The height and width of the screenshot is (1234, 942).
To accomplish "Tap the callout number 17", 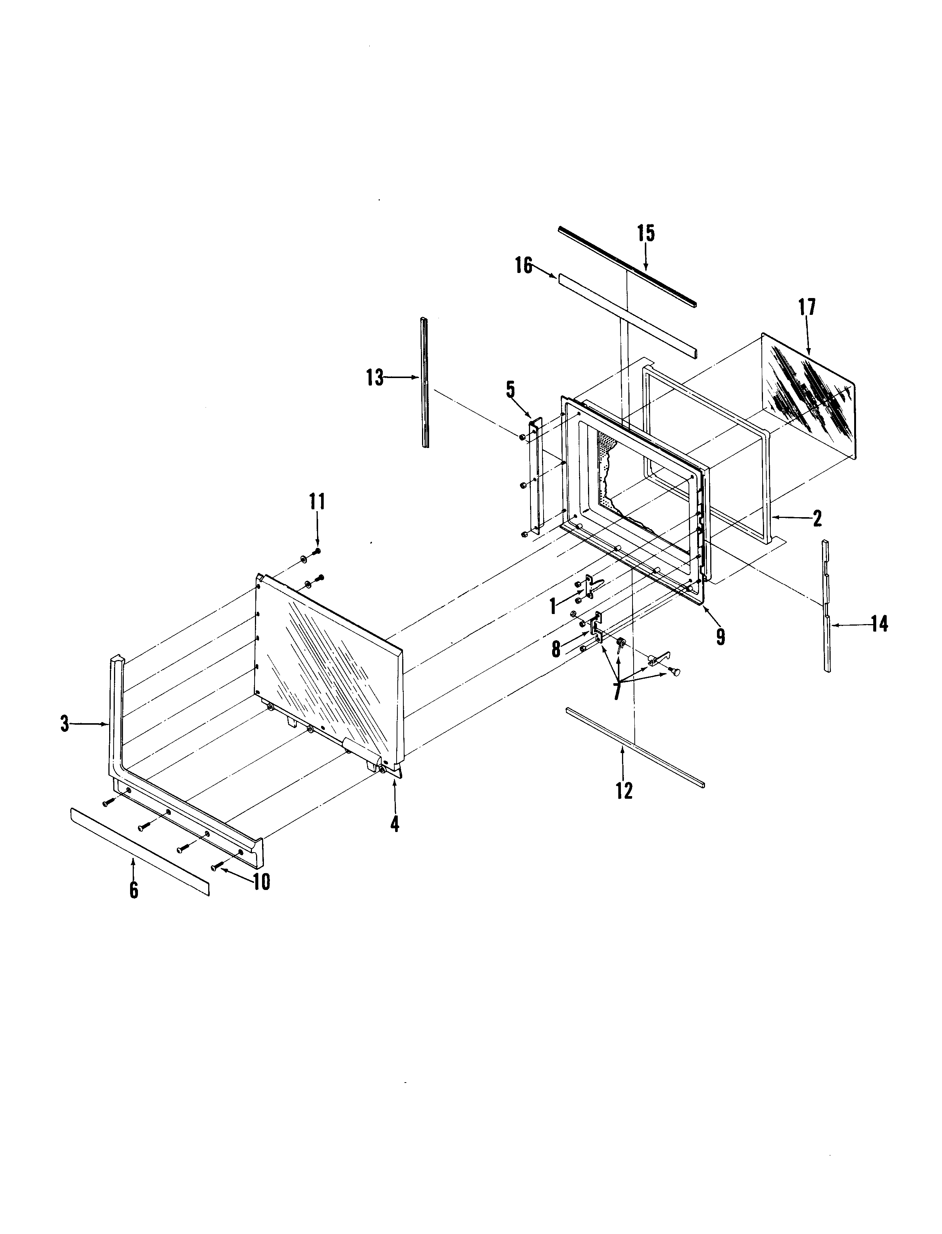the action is click(807, 308).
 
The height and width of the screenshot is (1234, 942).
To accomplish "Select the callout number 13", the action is click(375, 378).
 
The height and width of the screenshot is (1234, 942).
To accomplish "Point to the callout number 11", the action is click(317, 501).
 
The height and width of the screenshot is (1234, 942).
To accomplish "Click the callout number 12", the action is click(624, 791).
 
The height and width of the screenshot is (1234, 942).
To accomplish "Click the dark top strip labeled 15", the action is click(627, 266).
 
